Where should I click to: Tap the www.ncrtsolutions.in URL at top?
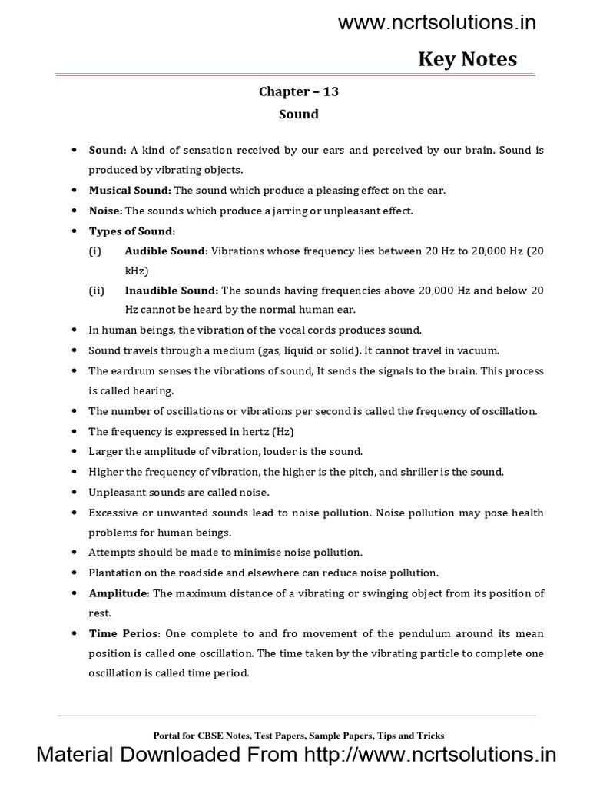tap(437, 23)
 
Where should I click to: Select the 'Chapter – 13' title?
tap(298, 91)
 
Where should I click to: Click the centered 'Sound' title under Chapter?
tap(298, 114)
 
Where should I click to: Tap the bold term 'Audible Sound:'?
tap(166, 251)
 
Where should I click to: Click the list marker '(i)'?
tap(94, 251)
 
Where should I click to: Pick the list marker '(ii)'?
tap(95, 291)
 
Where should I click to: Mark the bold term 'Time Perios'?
tap(125, 633)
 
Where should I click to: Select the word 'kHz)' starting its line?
tap(138, 271)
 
